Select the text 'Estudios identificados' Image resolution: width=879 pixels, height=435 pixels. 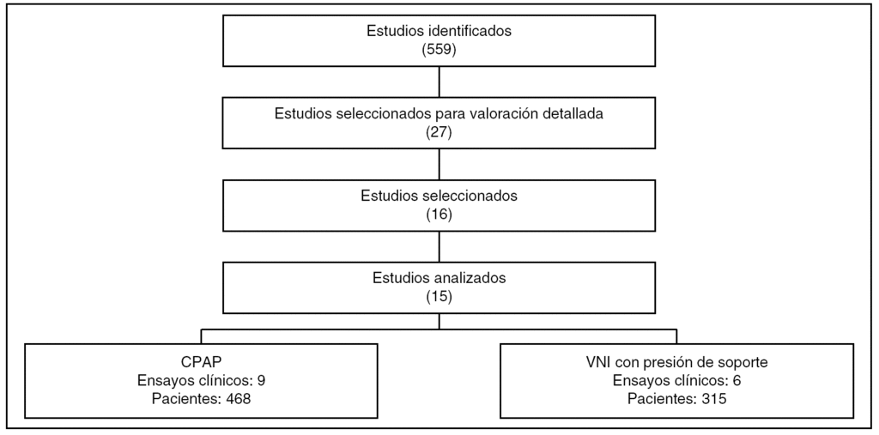pyautogui.click(x=439, y=32)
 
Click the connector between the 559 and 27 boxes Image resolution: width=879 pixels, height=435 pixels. pyautogui.click(x=439, y=82)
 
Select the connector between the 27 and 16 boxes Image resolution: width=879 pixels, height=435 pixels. pyautogui.click(x=439, y=165)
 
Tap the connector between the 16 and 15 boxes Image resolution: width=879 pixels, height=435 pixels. pyautogui.click(x=439, y=247)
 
